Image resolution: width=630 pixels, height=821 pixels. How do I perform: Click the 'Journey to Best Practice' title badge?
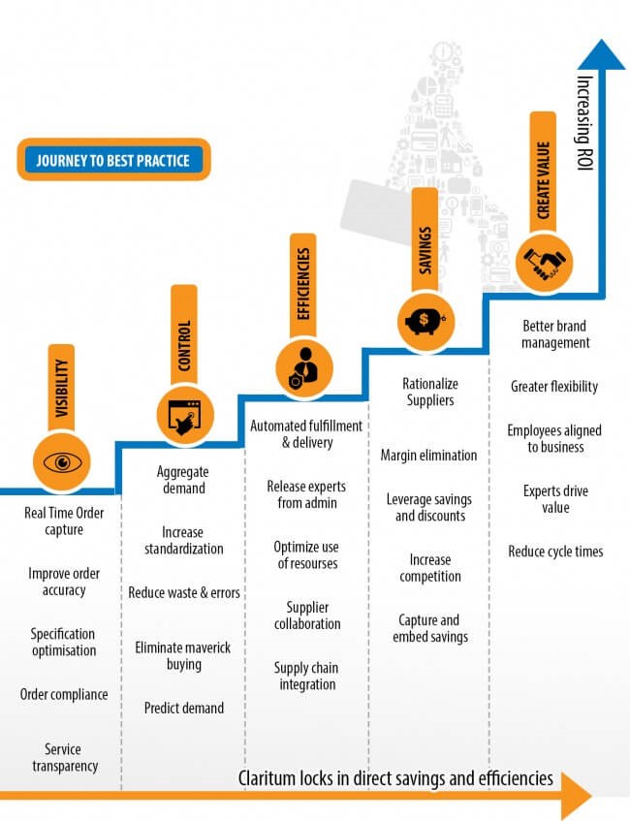click(x=112, y=160)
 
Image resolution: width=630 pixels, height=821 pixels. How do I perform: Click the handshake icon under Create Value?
click(x=544, y=263)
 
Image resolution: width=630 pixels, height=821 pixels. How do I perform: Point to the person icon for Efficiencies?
click(x=302, y=366)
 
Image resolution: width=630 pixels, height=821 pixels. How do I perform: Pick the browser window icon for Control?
click(x=183, y=415)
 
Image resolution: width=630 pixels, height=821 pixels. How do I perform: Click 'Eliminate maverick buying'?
click(x=183, y=656)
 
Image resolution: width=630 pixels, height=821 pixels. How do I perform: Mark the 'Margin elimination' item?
click(x=428, y=455)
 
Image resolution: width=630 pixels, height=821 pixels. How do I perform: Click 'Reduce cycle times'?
click(x=555, y=552)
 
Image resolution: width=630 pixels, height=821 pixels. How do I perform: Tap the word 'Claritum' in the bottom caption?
click(x=268, y=778)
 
